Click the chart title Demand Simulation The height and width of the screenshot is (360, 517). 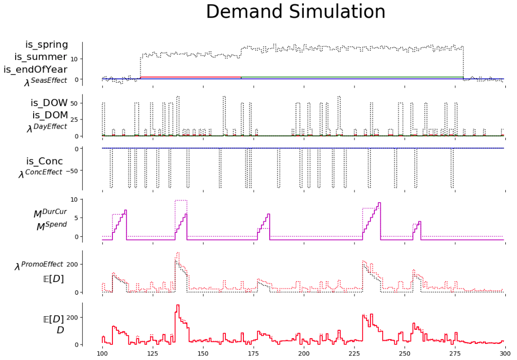(x=295, y=12)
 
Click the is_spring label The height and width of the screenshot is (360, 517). (x=46, y=45)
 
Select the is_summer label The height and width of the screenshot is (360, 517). (x=40, y=57)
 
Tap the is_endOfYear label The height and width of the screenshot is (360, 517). (x=36, y=70)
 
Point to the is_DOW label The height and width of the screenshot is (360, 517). (x=49, y=103)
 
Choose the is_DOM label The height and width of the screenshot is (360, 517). (x=50, y=115)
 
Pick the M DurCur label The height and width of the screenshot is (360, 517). (x=50, y=213)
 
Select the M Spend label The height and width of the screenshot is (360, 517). (x=52, y=226)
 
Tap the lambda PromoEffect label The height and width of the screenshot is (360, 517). (x=39, y=265)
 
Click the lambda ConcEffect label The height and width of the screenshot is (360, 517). (x=40, y=173)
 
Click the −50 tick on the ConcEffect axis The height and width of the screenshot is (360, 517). (x=71, y=171)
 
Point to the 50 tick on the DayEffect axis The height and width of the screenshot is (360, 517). (x=74, y=103)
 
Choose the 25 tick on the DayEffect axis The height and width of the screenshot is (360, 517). (x=74, y=120)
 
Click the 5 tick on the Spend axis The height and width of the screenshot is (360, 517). (x=75, y=218)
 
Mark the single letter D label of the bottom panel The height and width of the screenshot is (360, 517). (x=60, y=330)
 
